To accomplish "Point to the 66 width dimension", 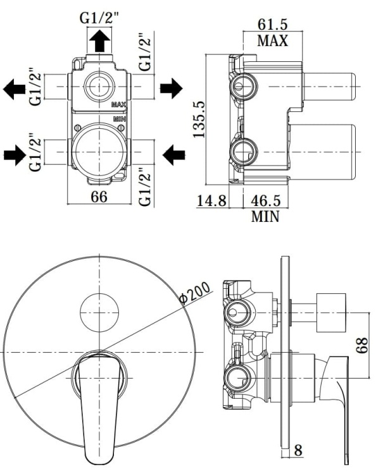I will coord(98,196).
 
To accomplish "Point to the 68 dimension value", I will coord(363,346).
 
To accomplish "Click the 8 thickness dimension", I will coord(298,451).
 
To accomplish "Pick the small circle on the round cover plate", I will coord(99,312).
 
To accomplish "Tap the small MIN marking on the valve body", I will coord(118,119).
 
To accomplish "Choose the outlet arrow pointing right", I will coord(171,88).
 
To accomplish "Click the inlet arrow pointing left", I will coord(173,152).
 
